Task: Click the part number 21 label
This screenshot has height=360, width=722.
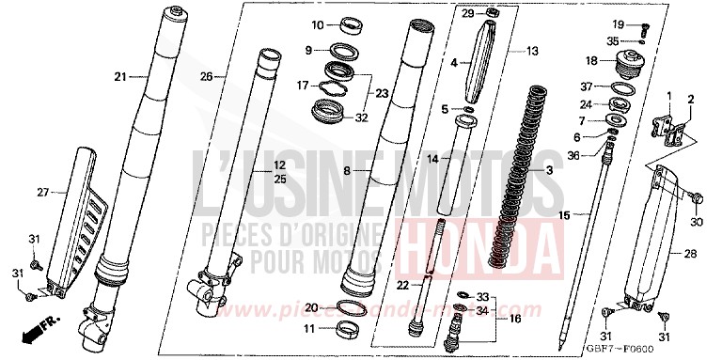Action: (x=119, y=76)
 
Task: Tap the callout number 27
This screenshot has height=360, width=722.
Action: (x=41, y=192)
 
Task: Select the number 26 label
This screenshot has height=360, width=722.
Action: (x=208, y=75)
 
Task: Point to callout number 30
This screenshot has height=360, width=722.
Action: (x=697, y=221)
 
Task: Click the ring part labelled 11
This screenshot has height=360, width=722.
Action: (x=350, y=327)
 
